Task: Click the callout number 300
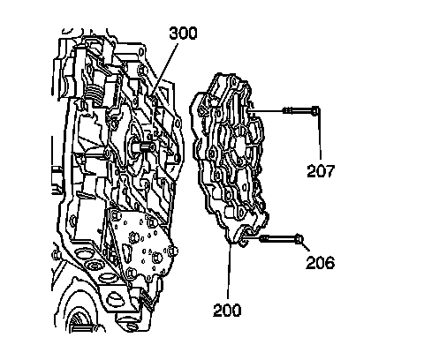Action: tap(183, 34)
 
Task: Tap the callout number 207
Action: tap(321, 171)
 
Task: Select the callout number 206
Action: tap(321, 262)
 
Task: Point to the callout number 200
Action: tap(227, 310)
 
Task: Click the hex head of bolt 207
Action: tap(315, 111)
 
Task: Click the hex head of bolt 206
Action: tap(299, 238)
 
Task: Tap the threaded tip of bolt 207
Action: tap(288, 111)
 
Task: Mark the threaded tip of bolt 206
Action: tap(264, 238)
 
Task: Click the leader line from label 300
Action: tap(165, 69)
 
